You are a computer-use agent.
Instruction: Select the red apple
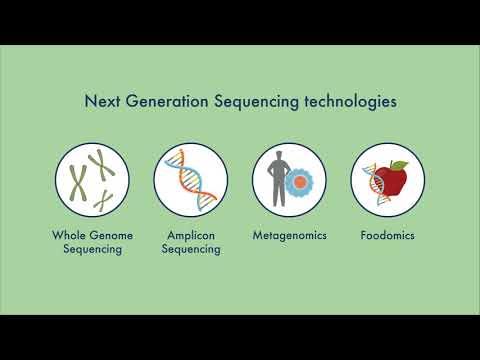click(392, 180)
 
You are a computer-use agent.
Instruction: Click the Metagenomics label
click(288, 236)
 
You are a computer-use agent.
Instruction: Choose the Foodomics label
click(387, 236)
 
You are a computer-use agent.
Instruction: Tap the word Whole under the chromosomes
click(69, 236)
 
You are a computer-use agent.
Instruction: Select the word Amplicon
click(191, 236)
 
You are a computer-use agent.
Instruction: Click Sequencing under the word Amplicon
click(191, 249)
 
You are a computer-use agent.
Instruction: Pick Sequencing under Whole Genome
click(92, 249)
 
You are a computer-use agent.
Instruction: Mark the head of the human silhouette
click(278, 155)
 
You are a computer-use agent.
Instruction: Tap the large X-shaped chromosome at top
click(97, 163)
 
